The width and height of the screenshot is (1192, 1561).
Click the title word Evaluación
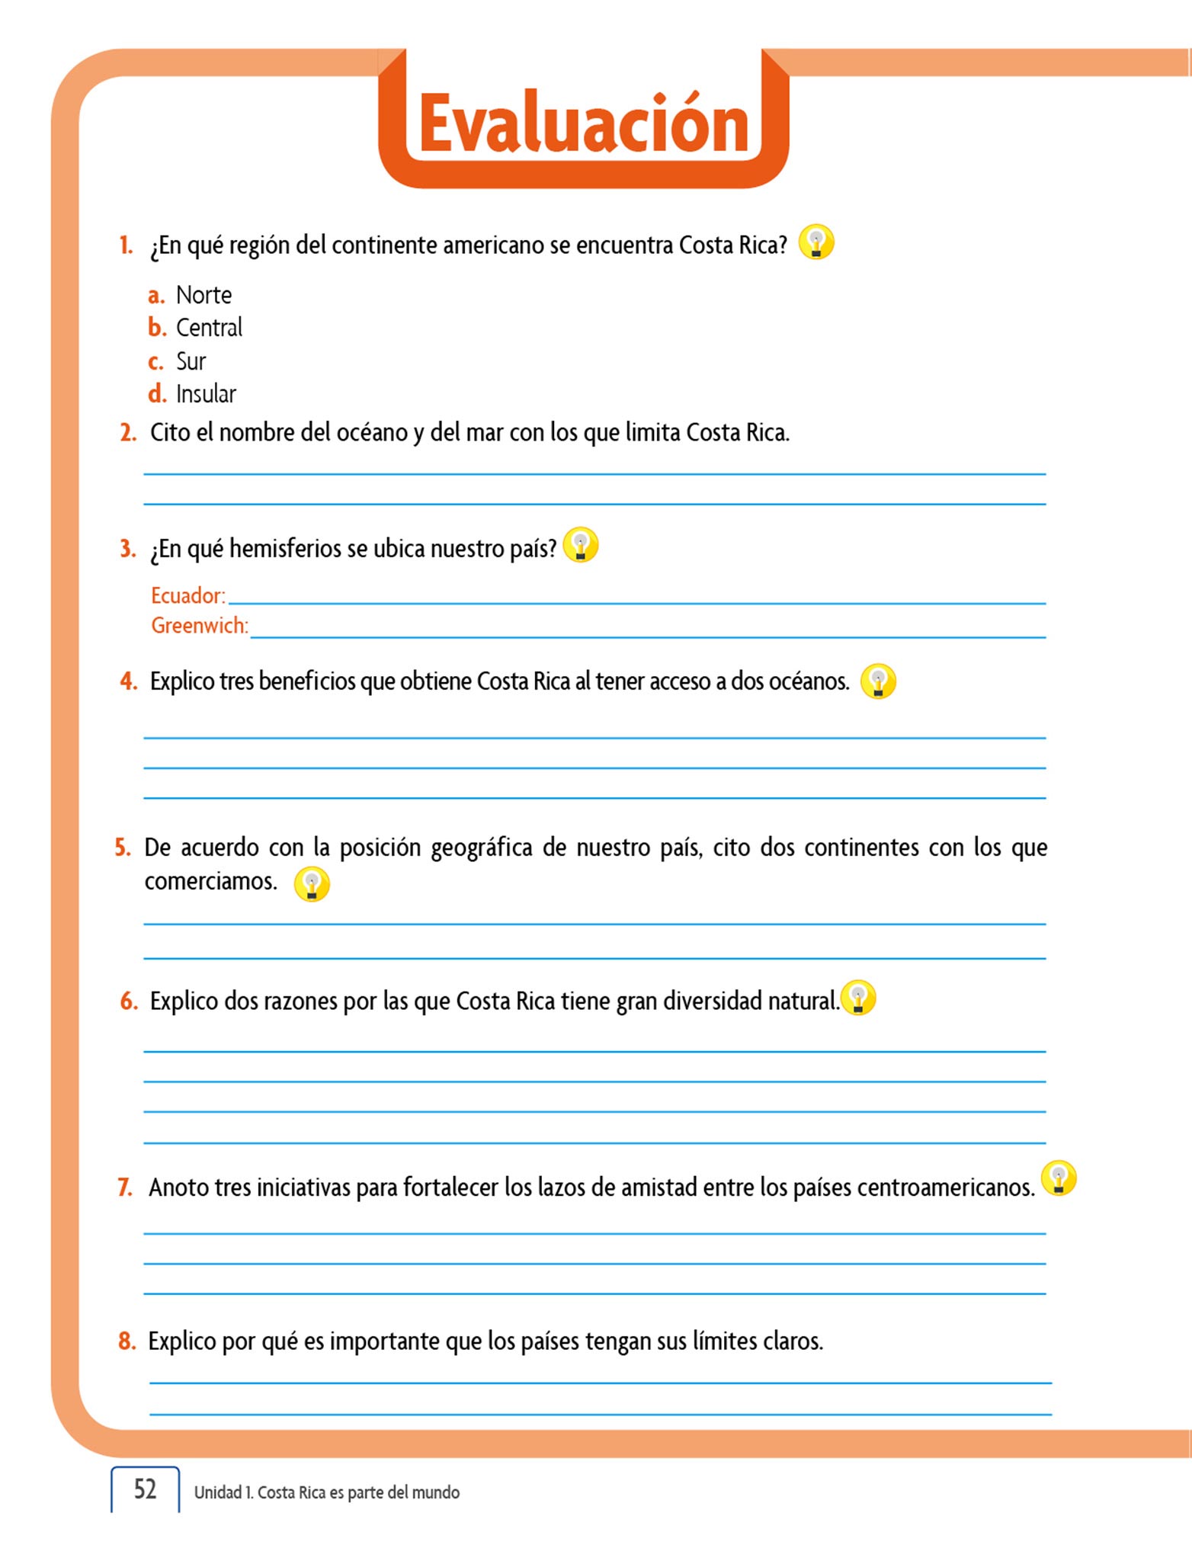584,123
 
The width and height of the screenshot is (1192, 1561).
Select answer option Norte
203,295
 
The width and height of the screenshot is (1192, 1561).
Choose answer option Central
209,328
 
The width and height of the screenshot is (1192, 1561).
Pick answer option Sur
191,361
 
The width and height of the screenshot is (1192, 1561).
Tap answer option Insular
206,394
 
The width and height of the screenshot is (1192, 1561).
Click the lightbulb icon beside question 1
816,242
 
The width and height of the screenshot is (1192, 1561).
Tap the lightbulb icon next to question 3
581,545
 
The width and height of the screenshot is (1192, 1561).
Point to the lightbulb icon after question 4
878,681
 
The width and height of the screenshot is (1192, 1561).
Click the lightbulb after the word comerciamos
312,884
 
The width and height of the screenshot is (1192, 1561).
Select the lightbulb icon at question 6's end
858,998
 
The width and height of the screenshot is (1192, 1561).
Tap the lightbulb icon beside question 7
1059,1178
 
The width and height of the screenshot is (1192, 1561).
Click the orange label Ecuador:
188,595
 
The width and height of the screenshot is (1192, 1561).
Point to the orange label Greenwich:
200,626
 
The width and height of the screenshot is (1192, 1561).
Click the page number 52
145,1489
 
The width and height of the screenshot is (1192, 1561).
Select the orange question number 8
127,1341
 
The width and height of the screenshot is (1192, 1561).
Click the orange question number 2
128,433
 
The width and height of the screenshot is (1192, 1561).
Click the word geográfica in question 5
481,848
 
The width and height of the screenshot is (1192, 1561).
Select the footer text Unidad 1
222,1492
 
